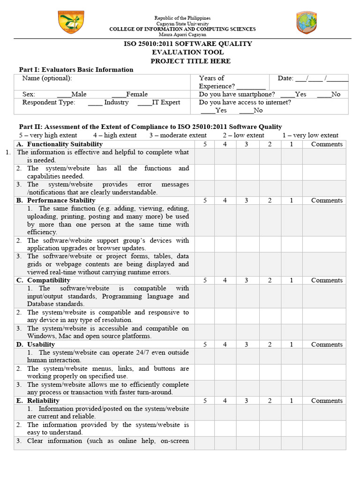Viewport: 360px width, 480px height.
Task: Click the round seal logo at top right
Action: [x=306, y=23]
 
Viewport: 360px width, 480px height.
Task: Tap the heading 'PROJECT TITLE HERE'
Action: [x=190, y=61]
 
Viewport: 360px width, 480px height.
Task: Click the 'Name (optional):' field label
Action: [x=47, y=78]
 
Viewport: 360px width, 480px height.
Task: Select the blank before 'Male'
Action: [x=64, y=95]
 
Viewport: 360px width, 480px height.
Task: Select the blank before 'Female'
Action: [x=119, y=95]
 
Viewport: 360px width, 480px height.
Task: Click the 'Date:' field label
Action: [x=285, y=78]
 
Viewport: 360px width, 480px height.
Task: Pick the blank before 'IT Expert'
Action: [x=144, y=103]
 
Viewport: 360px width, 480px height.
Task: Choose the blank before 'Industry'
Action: [x=95, y=103]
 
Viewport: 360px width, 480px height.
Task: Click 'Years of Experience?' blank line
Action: [x=251, y=87]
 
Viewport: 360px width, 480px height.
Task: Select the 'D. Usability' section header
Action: [x=41, y=345]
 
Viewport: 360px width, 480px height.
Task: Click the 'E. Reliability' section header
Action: [x=43, y=401]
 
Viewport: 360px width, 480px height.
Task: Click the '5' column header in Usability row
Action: [x=205, y=345]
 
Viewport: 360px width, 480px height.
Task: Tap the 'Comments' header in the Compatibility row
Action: [x=327, y=280]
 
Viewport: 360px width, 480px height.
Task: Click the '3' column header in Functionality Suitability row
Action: [x=246, y=144]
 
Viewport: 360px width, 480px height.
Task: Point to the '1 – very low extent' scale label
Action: [x=310, y=135]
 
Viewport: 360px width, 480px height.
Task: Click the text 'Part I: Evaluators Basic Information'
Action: [x=76, y=69]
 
